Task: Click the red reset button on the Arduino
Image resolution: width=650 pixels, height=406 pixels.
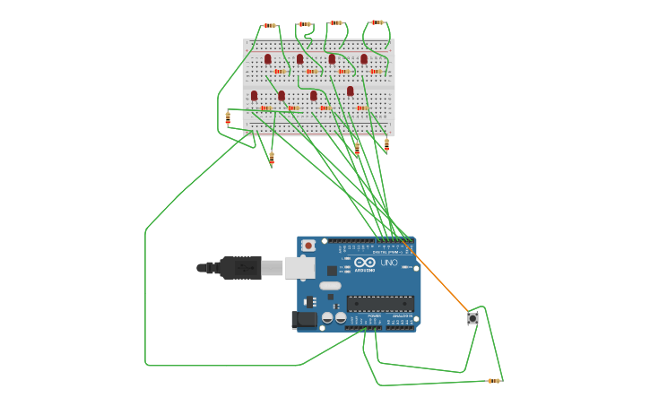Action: pos(308,245)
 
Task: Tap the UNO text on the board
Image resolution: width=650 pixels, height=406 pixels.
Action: pos(389,263)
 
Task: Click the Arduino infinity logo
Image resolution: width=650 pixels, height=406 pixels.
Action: pos(363,263)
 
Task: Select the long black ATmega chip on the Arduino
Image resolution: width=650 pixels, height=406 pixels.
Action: pos(380,303)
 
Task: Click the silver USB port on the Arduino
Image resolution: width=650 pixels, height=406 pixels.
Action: pos(299,267)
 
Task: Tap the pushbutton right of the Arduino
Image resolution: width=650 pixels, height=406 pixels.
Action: pos(472,318)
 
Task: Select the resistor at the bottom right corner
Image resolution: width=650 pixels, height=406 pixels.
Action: pos(493,381)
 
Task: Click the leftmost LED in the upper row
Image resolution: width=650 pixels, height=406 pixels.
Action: pos(267,59)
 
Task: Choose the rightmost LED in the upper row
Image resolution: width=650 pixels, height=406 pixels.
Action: pos(364,59)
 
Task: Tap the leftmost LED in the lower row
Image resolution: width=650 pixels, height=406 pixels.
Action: pos(254,95)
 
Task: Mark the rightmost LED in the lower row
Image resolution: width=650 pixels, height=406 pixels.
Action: pos(351,91)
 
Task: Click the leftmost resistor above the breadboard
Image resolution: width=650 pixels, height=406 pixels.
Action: pos(269,25)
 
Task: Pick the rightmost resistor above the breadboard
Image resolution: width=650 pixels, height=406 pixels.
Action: pos(377,22)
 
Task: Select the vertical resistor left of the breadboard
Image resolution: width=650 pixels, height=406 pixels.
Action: pos(228,117)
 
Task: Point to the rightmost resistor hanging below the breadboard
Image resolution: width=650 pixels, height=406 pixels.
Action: pos(386,143)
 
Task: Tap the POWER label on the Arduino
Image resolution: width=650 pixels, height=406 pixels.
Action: pos(374,316)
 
